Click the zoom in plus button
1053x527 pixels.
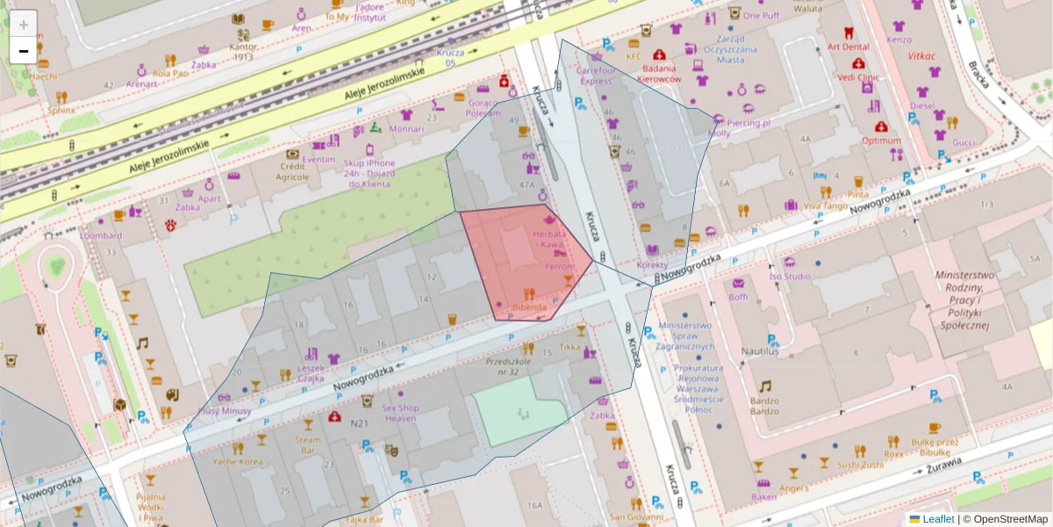click(x=24, y=25)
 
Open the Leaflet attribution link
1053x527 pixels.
click(x=937, y=519)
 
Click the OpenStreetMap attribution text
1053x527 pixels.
click(x=1009, y=519)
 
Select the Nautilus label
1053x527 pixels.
click(x=760, y=351)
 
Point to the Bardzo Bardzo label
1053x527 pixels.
click(x=764, y=405)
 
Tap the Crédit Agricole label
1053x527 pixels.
click(x=294, y=171)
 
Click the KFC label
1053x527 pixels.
click(x=634, y=57)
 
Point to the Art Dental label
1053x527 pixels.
click(x=849, y=47)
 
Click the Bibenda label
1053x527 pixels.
click(x=529, y=307)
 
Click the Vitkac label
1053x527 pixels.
click(x=921, y=55)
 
